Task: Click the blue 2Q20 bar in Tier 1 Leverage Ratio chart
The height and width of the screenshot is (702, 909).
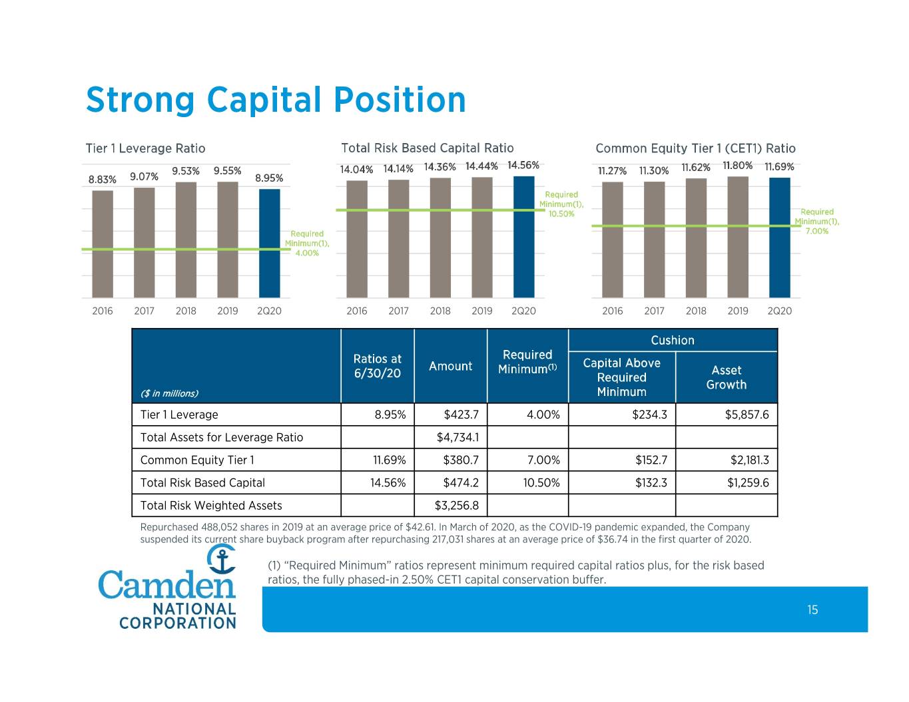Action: coord(270,243)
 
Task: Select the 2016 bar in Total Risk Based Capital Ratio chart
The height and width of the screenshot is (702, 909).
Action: coord(357,239)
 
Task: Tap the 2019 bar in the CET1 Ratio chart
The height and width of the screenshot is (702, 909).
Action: coord(738,237)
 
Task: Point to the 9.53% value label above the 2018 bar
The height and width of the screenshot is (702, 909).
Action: coord(186,171)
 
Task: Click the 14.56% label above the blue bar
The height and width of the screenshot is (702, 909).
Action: coord(523,166)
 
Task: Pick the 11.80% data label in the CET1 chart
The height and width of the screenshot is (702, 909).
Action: coord(737,166)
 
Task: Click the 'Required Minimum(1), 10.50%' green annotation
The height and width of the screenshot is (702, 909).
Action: coord(561,204)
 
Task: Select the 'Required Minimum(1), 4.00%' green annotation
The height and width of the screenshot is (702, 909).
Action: coord(307,243)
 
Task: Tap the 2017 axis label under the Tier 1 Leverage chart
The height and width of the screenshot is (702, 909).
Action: coord(144,311)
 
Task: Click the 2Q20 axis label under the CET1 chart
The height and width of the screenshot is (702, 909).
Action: coord(779,311)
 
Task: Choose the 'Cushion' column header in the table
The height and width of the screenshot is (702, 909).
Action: coord(672,340)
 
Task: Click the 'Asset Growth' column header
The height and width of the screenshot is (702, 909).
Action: coord(727,377)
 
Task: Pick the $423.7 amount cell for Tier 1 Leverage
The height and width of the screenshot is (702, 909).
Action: coord(461,415)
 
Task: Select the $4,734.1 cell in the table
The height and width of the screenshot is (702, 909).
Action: coord(457,437)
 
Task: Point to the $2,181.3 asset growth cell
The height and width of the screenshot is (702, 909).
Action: coord(750,460)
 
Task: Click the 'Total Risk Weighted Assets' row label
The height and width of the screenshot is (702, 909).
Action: coord(211,506)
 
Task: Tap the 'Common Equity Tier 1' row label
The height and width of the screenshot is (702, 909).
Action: coord(197,460)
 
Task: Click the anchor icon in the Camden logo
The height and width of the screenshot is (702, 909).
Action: coord(222,558)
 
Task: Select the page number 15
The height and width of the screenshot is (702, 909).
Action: coord(812,610)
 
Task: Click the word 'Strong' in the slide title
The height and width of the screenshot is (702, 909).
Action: coord(141,100)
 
